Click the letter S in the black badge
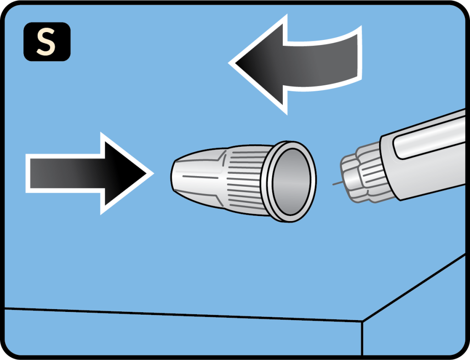click(x=47, y=42)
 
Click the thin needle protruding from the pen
click(x=337, y=184)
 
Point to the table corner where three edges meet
click(x=363, y=321)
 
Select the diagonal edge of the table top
click(x=413, y=289)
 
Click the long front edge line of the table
click(x=184, y=315)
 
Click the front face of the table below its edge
click(x=184, y=335)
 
